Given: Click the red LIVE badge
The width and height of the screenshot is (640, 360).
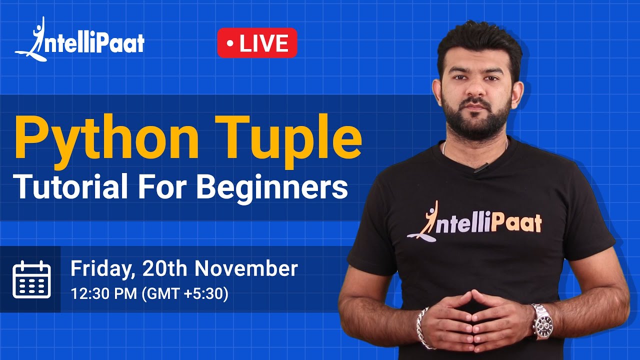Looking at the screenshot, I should [x=257, y=43].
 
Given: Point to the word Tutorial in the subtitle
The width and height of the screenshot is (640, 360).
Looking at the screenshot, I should [x=69, y=187].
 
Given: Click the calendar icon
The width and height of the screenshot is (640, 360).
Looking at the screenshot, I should [x=31, y=279].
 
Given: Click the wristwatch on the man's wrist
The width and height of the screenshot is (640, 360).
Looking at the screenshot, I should [x=542, y=321].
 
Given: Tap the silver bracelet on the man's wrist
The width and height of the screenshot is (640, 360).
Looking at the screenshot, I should [x=423, y=327].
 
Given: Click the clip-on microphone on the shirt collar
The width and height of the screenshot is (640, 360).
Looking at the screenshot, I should [x=480, y=168].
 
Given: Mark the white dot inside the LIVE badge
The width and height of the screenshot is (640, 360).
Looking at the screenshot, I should [x=229, y=43].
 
